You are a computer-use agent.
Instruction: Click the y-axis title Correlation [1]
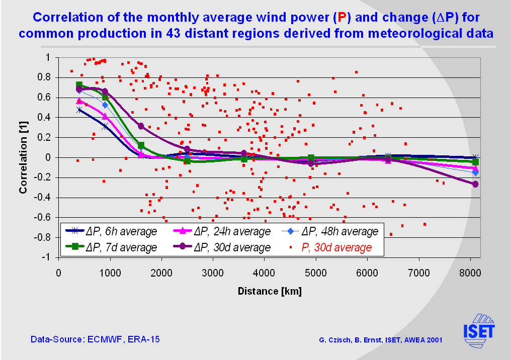(x=23, y=157)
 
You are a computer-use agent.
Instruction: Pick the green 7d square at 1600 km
(x=141, y=145)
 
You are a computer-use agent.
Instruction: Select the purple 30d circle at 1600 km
(x=141, y=126)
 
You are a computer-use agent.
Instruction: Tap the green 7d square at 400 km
(x=79, y=85)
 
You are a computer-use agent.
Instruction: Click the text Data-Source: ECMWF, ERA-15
(x=95, y=339)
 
